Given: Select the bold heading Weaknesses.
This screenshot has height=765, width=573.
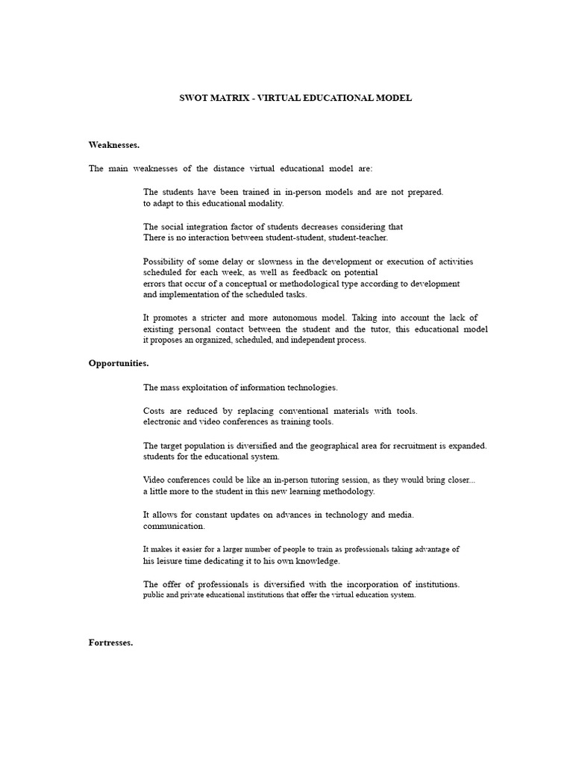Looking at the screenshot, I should (x=114, y=144).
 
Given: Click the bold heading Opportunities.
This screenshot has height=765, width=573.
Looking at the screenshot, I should (x=119, y=363).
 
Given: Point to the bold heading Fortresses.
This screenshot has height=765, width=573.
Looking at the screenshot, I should (x=110, y=643).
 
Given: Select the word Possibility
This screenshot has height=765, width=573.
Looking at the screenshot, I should (x=165, y=261).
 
